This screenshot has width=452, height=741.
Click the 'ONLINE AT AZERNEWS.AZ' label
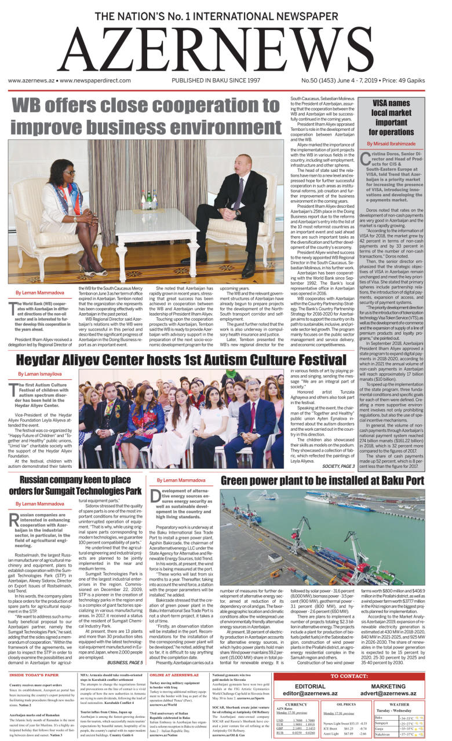pos(174,659)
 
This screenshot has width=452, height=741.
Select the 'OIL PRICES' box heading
pos(346,705)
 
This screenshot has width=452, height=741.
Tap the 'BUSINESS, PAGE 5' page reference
pos(125,645)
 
